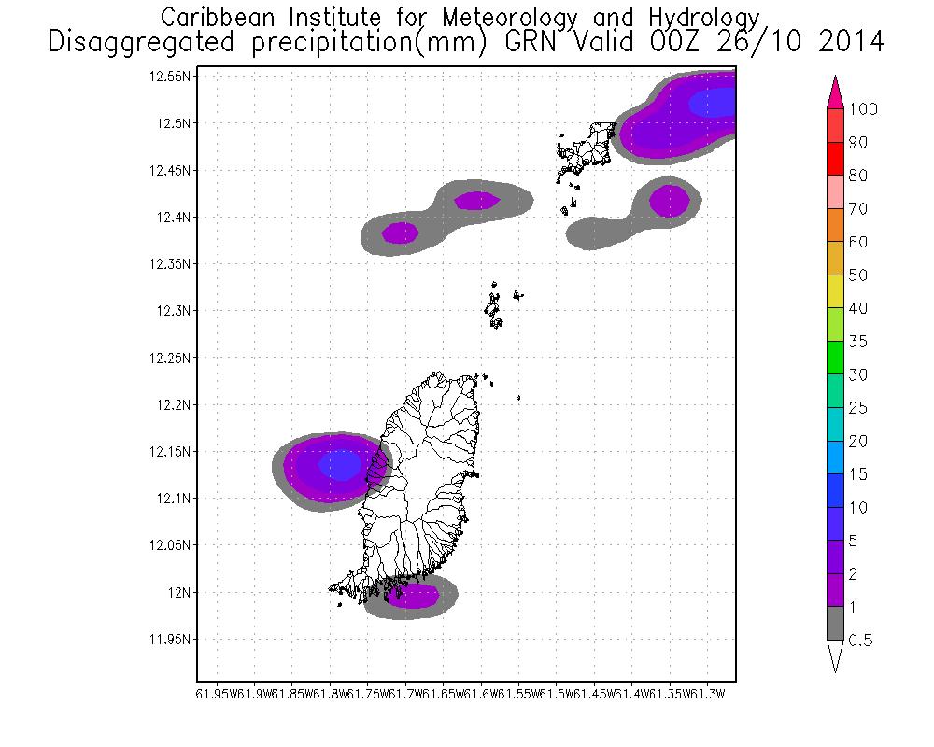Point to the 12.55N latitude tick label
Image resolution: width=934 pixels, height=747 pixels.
(x=170, y=77)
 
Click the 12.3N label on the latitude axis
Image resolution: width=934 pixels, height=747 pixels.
(x=173, y=311)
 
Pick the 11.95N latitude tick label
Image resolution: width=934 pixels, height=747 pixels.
(x=170, y=640)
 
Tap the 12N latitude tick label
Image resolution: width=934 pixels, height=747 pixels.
(x=179, y=593)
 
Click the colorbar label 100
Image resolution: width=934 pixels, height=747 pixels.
(x=864, y=109)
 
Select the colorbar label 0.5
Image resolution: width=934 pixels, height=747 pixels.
(x=862, y=641)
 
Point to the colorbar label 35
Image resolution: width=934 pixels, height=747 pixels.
(x=859, y=342)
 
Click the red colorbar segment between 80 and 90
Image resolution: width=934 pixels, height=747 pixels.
(x=834, y=159)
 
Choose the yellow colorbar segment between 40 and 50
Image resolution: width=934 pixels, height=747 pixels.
(x=834, y=291)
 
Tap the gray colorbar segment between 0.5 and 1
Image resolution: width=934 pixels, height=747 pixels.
(x=834, y=624)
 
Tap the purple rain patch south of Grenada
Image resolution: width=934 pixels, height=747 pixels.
(x=413, y=595)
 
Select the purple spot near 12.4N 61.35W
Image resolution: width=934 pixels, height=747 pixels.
(x=669, y=200)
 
